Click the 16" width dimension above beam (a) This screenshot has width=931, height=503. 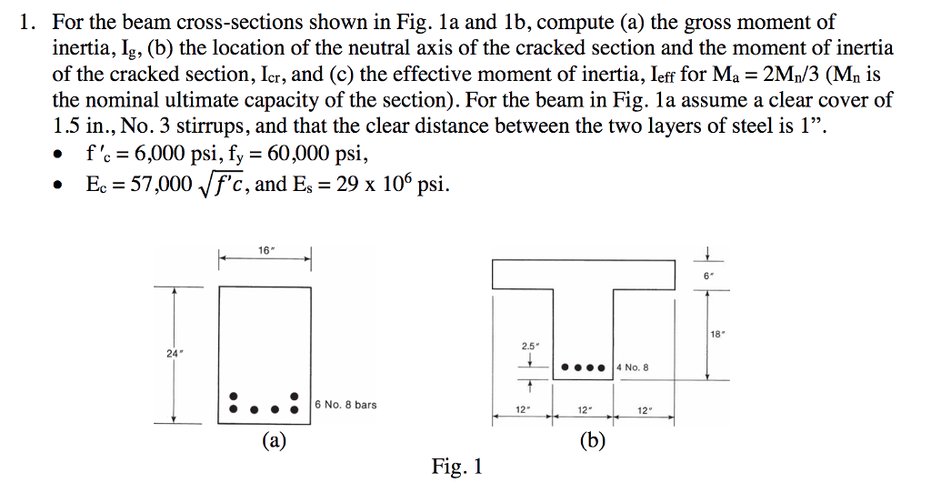(264, 248)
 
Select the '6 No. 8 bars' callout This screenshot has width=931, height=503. (345, 404)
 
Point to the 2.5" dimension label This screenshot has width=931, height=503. (530, 347)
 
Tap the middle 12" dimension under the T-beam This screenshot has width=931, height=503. (583, 410)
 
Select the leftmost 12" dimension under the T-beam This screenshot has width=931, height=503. (522, 410)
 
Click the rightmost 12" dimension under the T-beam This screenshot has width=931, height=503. (644, 410)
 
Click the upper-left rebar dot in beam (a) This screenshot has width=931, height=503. (235, 397)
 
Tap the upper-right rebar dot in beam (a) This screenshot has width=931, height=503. (294, 397)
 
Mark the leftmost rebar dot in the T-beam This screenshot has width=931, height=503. (566, 368)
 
